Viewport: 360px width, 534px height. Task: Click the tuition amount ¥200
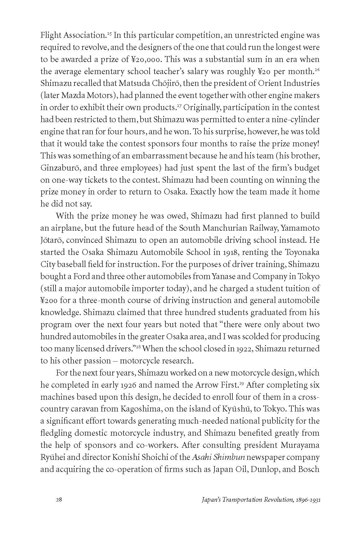(x=50, y=300)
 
